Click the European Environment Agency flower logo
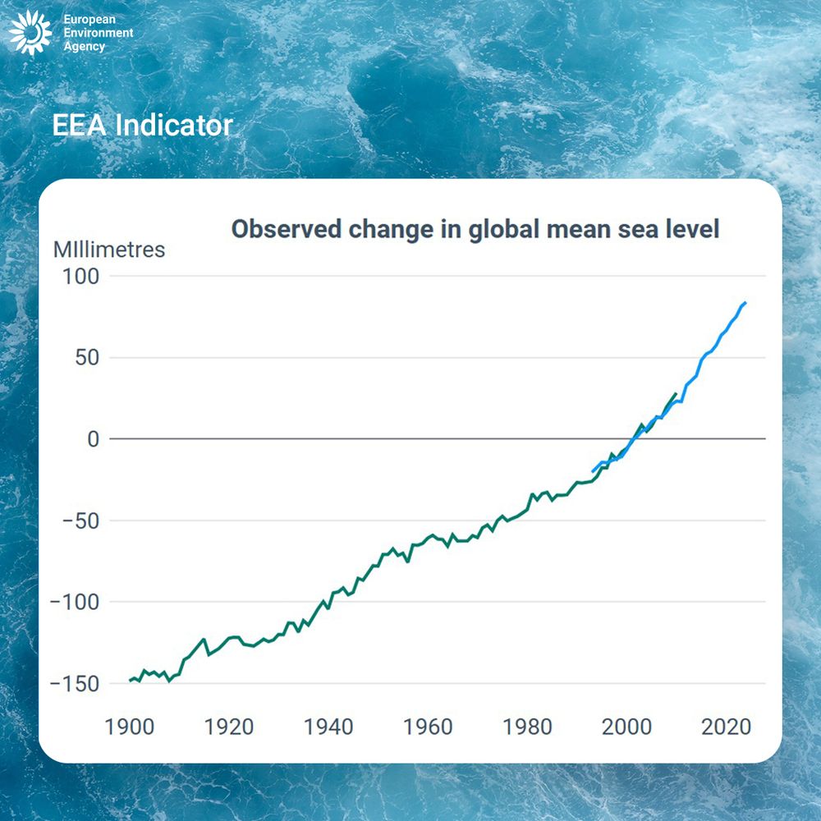30,34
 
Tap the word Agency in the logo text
85,47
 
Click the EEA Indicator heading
142,126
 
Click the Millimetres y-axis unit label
109,250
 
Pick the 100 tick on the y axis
81,277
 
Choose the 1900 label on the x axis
131,727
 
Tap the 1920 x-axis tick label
229,727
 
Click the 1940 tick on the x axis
328,727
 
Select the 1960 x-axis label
428,727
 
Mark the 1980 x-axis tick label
527,727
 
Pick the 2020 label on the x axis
725,727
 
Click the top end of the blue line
745,303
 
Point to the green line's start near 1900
130,681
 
